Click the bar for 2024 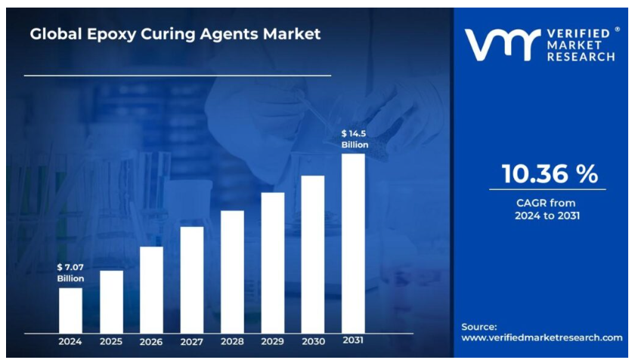point(70,310)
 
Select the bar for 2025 point(111,302)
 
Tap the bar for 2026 point(151,290)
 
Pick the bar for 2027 point(192,280)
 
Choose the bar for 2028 point(232,272)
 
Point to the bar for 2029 point(273,262)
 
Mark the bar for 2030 point(313,254)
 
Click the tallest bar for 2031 point(353,244)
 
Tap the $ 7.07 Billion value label point(70,272)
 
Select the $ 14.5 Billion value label point(354,138)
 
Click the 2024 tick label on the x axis point(70,342)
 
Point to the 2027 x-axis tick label point(192,342)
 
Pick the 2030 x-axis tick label point(313,342)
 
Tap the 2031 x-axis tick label point(353,341)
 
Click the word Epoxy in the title point(108,34)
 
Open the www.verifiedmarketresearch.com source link point(541,337)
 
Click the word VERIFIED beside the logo point(579,34)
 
